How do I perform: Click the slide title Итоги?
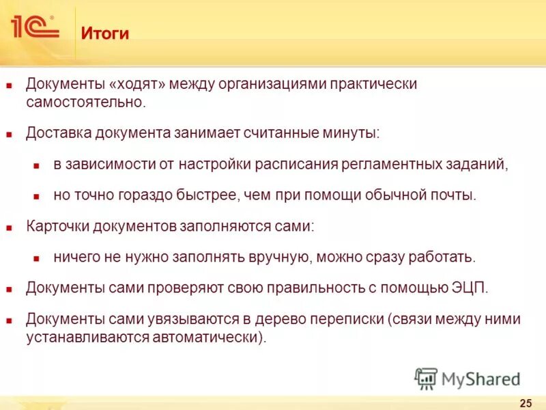[x=105, y=33]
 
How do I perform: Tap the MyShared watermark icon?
[x=426, y=378]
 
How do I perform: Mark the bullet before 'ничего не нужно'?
[x=38, y=258]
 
